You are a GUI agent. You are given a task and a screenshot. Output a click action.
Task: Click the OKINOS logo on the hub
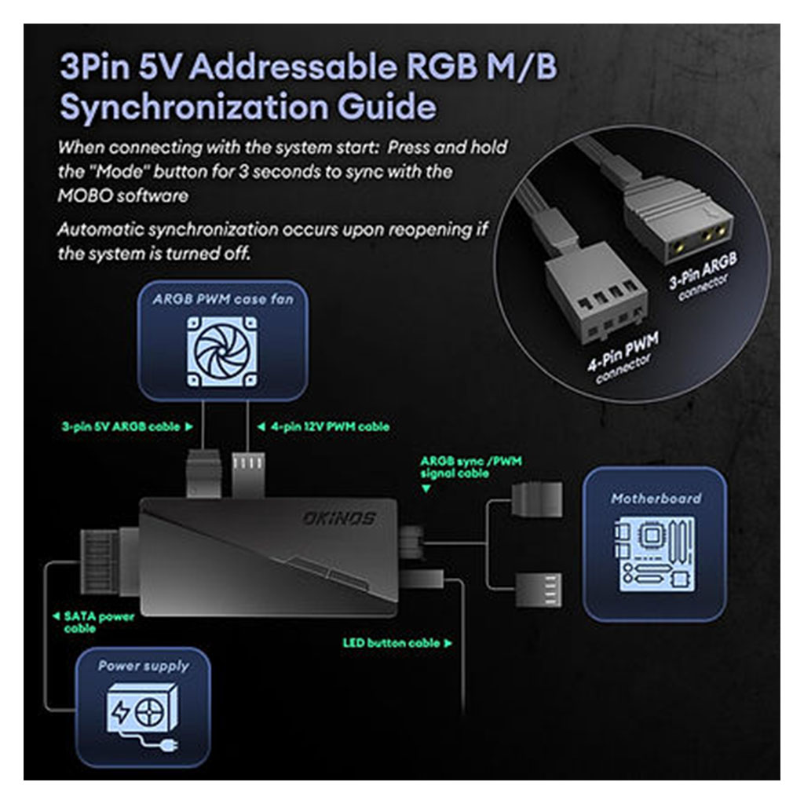338,519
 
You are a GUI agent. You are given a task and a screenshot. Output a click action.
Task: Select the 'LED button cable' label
397,643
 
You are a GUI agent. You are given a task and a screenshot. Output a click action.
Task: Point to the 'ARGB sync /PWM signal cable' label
455,468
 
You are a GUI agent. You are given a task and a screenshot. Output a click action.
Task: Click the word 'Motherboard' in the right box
655,498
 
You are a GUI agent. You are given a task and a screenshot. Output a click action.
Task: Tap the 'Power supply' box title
143,666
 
